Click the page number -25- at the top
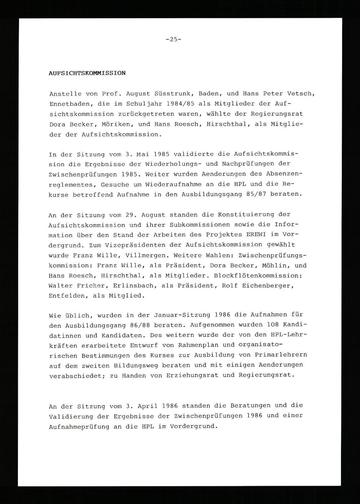point(174,40)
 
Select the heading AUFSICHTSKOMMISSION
point(87,73)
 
